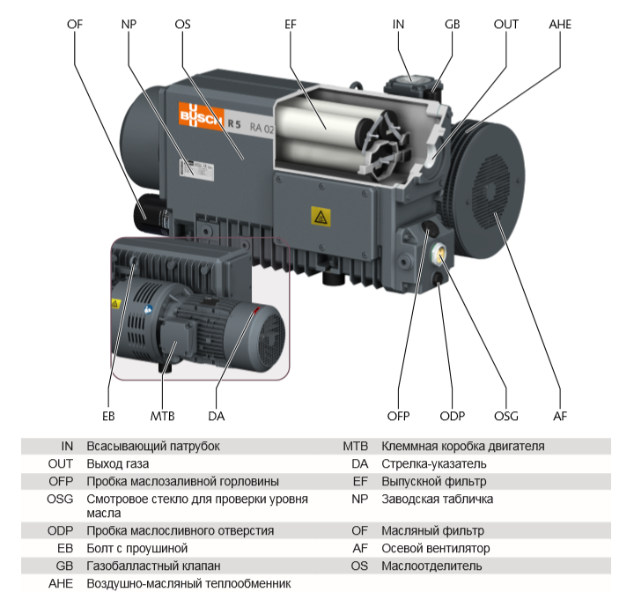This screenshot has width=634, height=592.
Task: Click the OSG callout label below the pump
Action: pos(505,416)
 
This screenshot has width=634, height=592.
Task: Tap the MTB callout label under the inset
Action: pos(163,416)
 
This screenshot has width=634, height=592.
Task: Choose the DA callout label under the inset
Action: pos(217,416)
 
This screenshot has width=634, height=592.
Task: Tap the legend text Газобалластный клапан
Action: pos(153,566)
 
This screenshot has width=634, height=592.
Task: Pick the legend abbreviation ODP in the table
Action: pos(61,531)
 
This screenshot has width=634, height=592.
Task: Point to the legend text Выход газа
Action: pos(118,464)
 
